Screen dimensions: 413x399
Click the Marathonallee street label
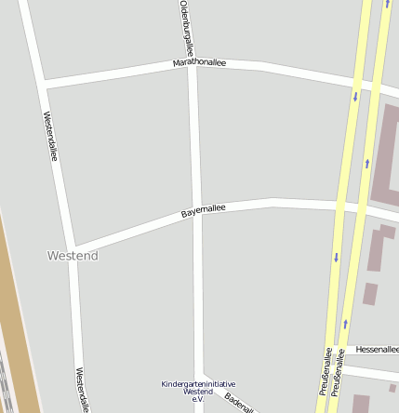point(199,63)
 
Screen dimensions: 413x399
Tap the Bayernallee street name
point(203,211)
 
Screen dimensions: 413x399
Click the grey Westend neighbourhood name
point(73,255)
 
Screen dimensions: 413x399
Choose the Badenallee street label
point(239,403)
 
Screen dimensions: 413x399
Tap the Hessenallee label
point(376,349)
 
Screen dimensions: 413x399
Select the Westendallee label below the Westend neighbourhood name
point(81,389)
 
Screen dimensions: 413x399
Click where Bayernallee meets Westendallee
point(72,251)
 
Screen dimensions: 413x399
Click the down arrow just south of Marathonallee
point(354,97)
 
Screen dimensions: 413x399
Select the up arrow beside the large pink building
point(366,164)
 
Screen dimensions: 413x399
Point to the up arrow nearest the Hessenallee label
point(344,324)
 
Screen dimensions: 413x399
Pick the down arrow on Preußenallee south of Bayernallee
point(335,258)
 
